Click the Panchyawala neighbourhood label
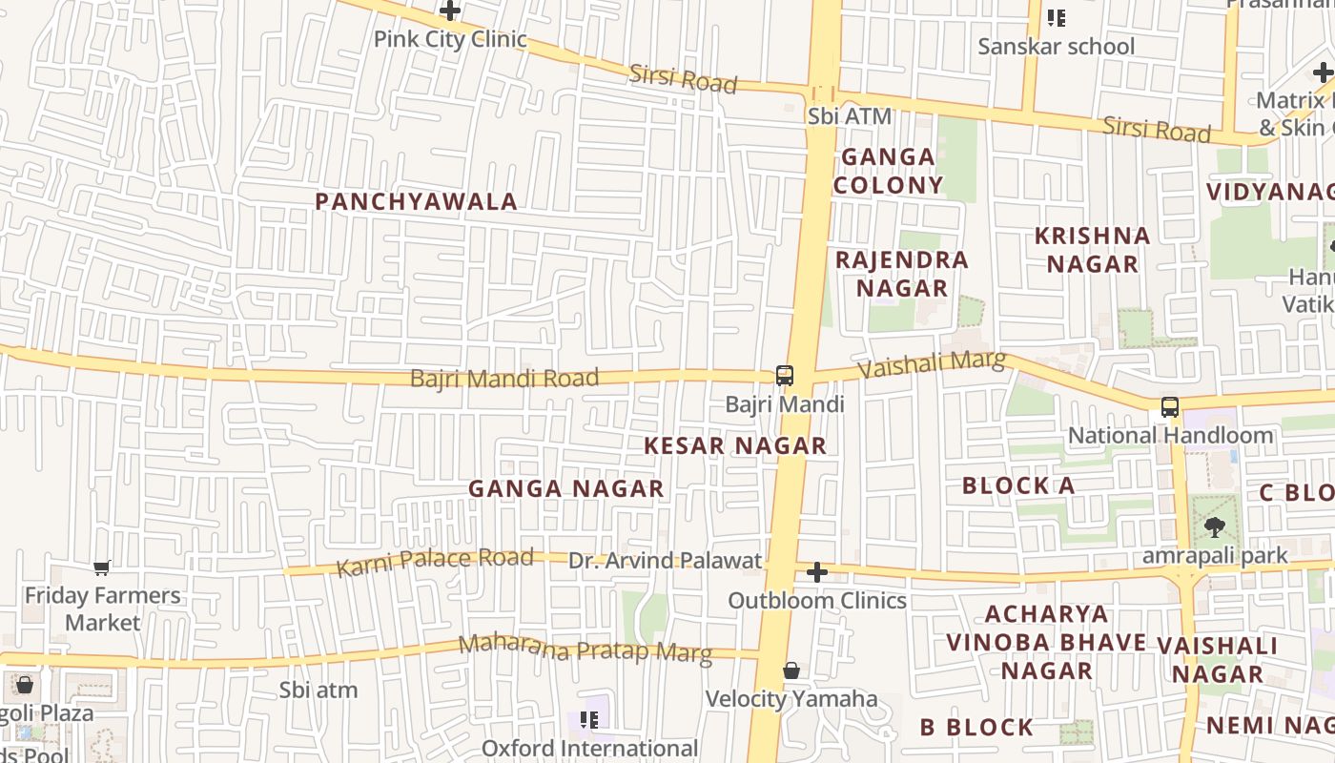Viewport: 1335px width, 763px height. coord(416,201)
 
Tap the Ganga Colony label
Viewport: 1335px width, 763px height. coord(888,171)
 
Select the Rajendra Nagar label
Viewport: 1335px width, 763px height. coord(901,274)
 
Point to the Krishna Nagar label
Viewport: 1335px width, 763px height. coord(1093,250)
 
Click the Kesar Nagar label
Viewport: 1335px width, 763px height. coord(734,445)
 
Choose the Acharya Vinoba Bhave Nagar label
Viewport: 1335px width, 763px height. coord(1046,642)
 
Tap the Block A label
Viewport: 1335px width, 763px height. coord(1018,485)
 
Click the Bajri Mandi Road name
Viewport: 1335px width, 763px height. coord(504,378)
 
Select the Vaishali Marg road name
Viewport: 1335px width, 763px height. coord(932,364)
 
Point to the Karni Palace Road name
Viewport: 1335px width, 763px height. coord(434,562)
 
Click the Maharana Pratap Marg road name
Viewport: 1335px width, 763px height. coord(585,649)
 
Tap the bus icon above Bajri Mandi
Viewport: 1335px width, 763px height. coord(784,376)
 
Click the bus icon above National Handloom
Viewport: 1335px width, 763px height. coord(1170,407)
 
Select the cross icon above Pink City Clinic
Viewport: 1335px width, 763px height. coord(450,11)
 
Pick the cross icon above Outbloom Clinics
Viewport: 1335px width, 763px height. coord(817,572)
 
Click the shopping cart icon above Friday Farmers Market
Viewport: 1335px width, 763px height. coord(102,568)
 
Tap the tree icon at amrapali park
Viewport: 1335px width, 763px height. coord(1215,526)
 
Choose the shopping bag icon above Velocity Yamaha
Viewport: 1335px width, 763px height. coord(791,671)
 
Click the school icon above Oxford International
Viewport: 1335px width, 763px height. coord(589,720)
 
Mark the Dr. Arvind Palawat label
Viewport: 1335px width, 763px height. coord(666,561)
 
